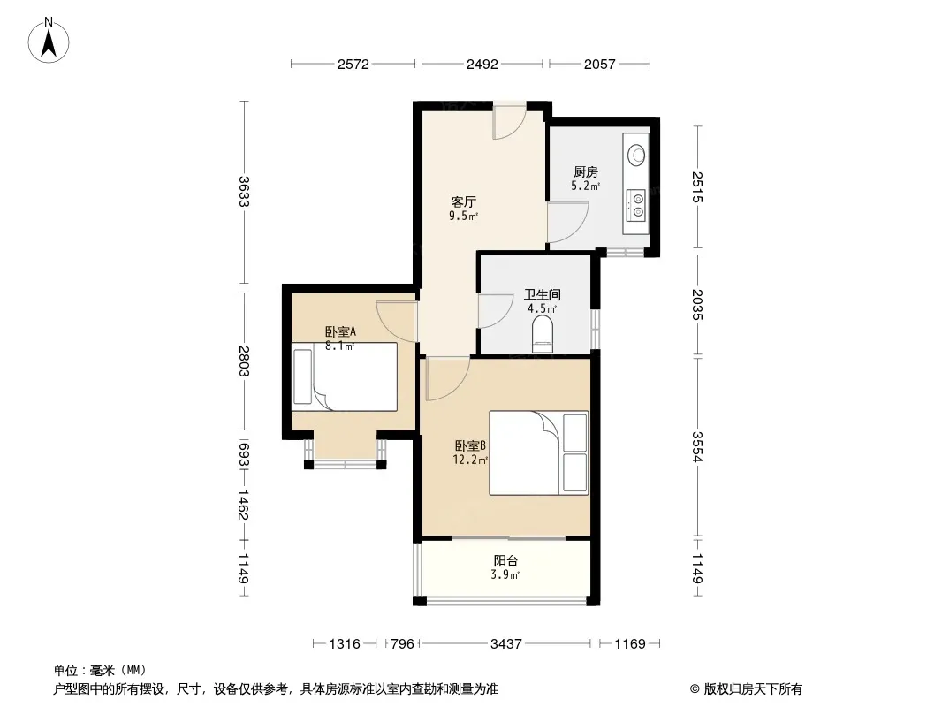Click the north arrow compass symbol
pos(49,40)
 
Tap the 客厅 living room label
pos(463,201)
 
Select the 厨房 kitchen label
pos(585,172)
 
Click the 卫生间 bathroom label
pos(542,294)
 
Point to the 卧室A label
pos(340,331)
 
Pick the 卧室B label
pos(470,445)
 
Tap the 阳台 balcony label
pos(505,561)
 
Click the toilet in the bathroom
pos(543,335)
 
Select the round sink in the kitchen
pos(636,155)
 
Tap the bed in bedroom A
pos(345,376)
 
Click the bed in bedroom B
pos(539,452)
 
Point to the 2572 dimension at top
pos(353,64)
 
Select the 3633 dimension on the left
pos(244,191)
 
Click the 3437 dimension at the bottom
pos(505,644)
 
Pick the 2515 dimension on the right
pos(697,186)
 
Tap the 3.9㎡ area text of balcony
pos(505,574)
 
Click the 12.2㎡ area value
pos(470,460)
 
